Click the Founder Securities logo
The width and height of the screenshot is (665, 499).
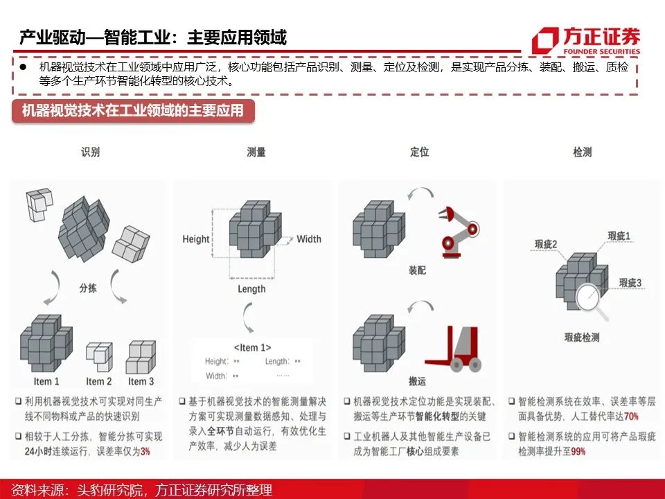(x=586, y=40)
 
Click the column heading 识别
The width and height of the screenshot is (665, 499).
(x=90, y=152)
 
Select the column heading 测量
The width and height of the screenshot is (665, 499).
(x=256, y=152)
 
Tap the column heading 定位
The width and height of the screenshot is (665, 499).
(x=419, y=152)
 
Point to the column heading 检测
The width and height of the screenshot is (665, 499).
(x=583, y=152)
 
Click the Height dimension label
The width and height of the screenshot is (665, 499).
(x=196, y=239)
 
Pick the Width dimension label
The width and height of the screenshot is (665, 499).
(x=309, y=239)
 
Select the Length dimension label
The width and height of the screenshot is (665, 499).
(x=251, y=289)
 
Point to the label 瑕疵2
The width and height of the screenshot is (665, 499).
(x=546, y=244)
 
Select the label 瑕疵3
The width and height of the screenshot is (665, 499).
(x=630, y=283)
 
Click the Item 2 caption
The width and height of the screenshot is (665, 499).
(x=99, y=381)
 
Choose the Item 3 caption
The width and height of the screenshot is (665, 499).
(x=141, y=381)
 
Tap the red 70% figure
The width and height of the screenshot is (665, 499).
(x=631, y=417)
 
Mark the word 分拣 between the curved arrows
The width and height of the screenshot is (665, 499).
(x=88, y=288)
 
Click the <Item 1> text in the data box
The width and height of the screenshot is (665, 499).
(x=252, y=347)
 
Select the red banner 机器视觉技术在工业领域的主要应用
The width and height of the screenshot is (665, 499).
(x=133, y=111)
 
